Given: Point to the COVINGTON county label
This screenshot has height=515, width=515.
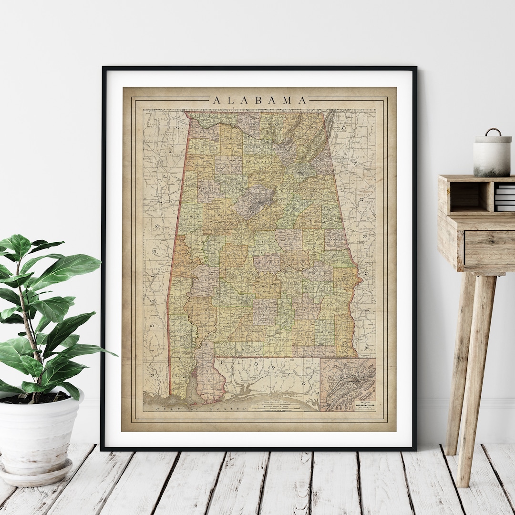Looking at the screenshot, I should click(x=277, y=339).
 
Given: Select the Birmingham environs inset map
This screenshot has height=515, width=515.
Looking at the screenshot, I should click(x=348, y=384).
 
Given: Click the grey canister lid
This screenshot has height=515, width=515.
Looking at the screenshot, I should click(x=493, y=139).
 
